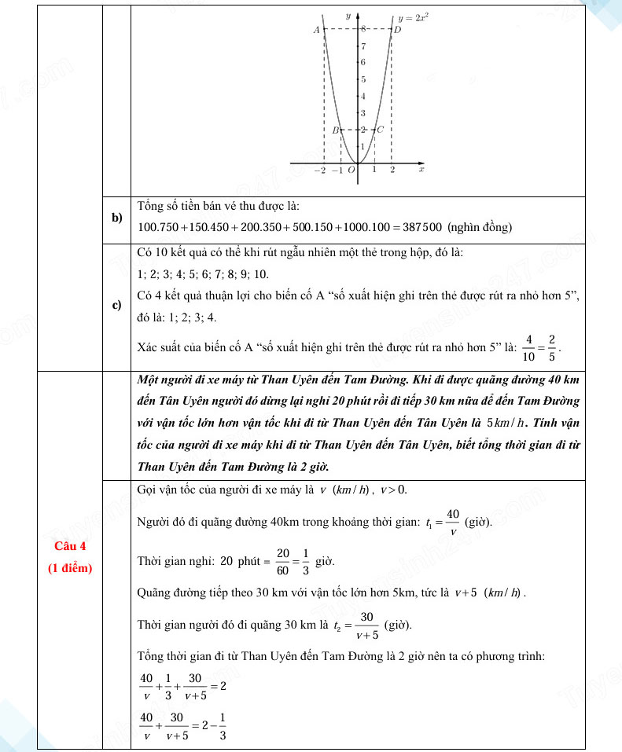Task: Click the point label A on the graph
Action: click(x=316, y=30)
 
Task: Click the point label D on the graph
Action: click(x=397, y=30)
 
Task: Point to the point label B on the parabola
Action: click(x=335, y=130)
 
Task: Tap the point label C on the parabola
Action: click(x=380, y=130)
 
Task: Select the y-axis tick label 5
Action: click(x=363, y=79)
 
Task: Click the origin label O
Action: click(x=351, y=170)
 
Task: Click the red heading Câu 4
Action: click(x=71, y=547)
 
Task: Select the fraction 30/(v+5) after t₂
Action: click(x=366, y=625)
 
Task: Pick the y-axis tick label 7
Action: click(x=363, y=46)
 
